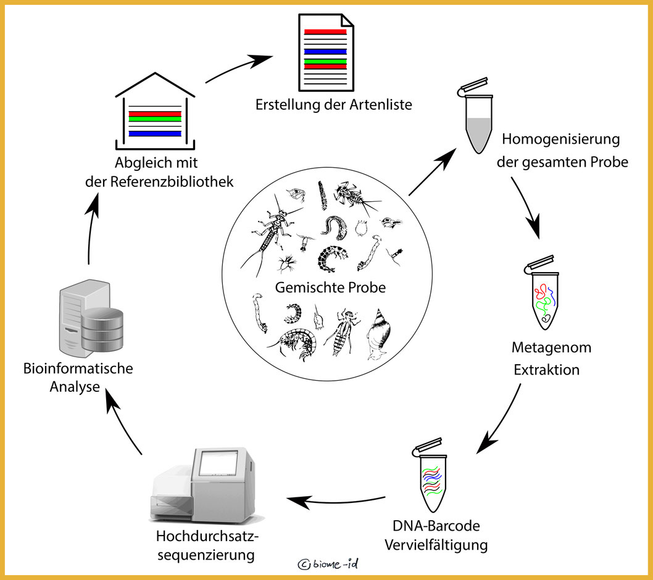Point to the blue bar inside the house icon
coord(154,133)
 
